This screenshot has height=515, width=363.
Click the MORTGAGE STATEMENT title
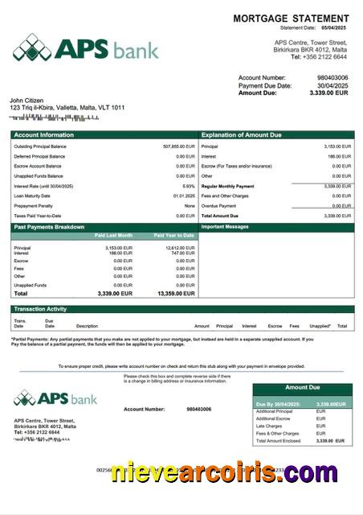point(291,19)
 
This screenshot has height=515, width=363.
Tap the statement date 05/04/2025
point(336,28)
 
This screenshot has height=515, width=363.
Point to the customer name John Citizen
point(27,100)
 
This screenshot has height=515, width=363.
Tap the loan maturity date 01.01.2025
point(184,196)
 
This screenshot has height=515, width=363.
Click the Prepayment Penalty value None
point(190,205)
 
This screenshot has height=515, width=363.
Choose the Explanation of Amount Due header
point(244,135)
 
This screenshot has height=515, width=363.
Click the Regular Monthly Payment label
point(227,186)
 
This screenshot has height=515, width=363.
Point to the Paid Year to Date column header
point(173,235)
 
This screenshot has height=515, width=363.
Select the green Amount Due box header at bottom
point(302,388)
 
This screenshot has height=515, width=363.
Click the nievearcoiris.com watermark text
point(224,472)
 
